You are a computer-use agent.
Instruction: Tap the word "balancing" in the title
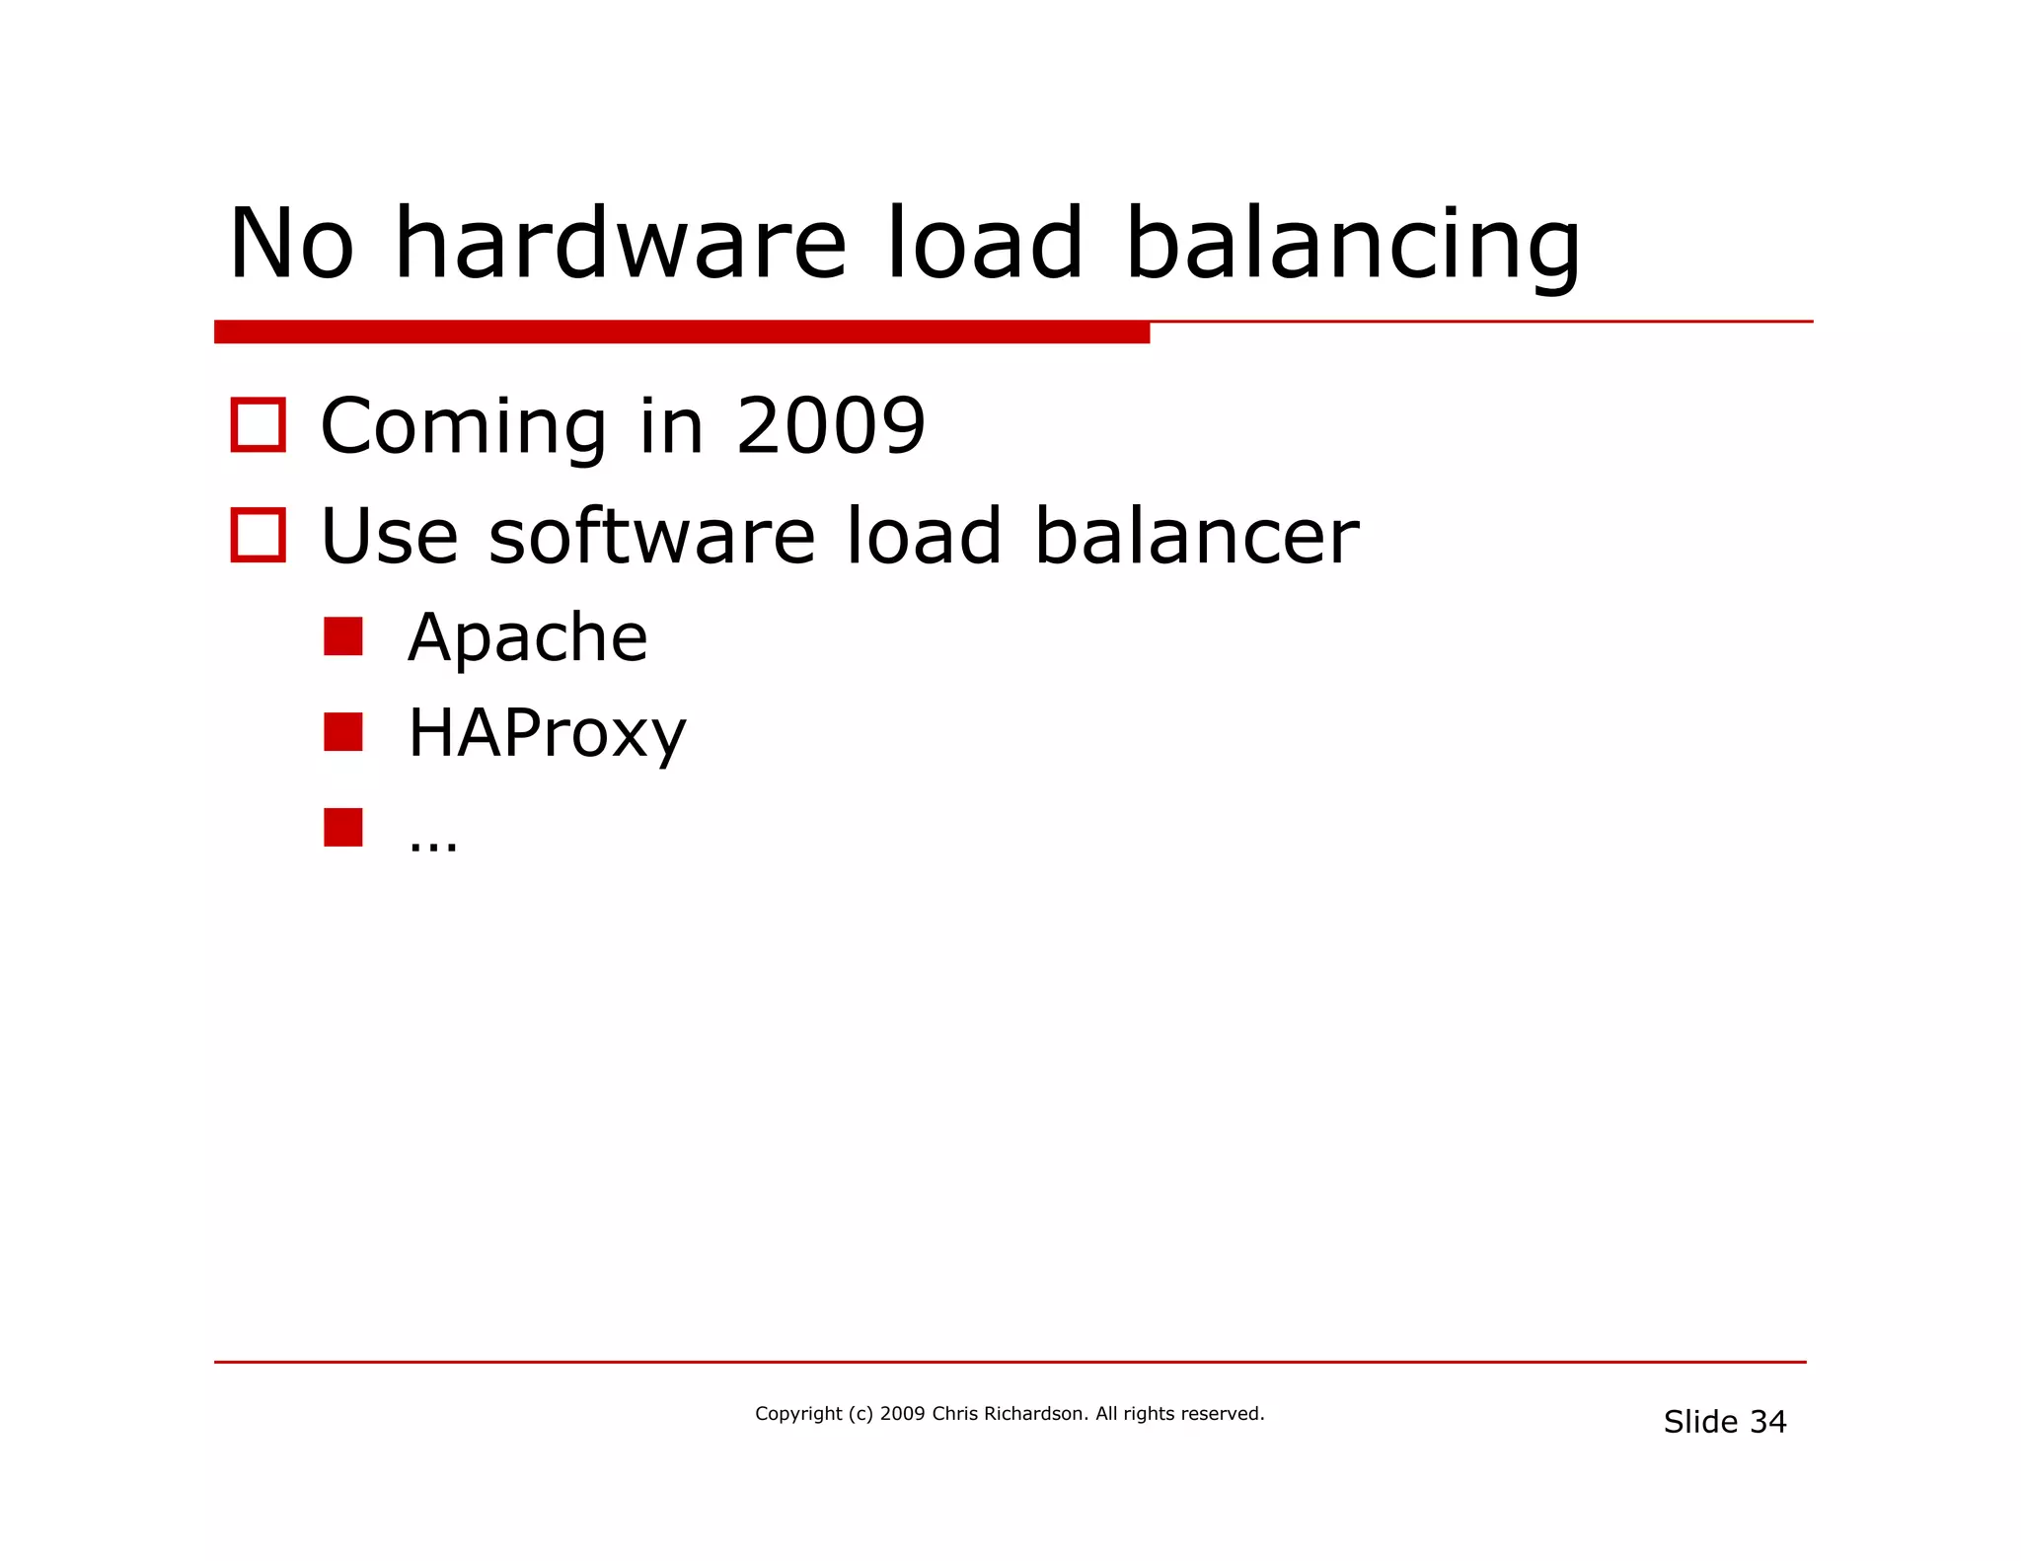coord(1352,245)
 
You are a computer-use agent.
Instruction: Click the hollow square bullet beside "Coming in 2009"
coord(259,425)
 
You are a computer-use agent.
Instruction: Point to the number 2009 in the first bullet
coord(830,426)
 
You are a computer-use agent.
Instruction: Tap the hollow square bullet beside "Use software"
coord(259,536)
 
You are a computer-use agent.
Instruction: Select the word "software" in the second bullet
coord(651,536)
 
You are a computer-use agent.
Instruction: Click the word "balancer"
coord(1196,536)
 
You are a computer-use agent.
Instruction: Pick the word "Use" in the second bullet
coord(390,536)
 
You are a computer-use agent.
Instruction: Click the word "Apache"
coord(528,637)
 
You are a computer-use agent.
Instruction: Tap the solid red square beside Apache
coord(343,636)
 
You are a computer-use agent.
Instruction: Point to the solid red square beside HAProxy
coord(343,732)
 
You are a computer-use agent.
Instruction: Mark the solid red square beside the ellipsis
coord(343,827)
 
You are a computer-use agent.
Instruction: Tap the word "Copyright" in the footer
coord(798,1414)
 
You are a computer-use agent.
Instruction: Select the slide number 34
coord(1767,1422)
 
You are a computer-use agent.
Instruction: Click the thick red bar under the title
coord(681,333)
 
